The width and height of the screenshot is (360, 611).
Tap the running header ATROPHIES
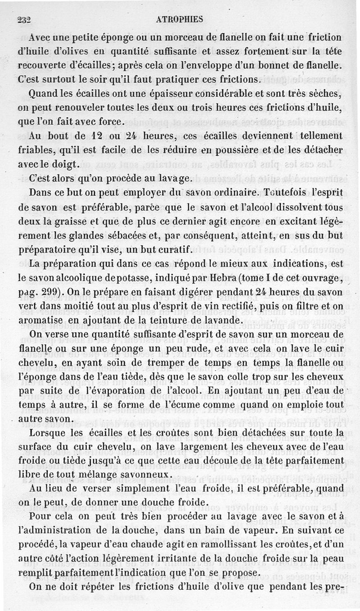tap(181, 19)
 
